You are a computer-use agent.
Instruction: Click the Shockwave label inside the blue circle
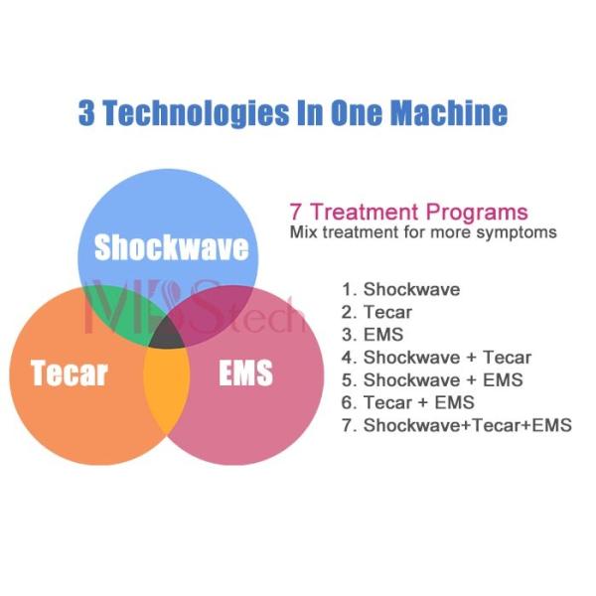click(171, 246)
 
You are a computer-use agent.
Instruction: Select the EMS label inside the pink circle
click(244, 374)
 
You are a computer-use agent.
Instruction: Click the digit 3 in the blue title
click(87, 112)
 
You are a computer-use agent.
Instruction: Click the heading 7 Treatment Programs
click(408, 212)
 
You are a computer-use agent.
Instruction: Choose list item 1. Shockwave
click(400, 290)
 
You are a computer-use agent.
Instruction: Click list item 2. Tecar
click(376, 312)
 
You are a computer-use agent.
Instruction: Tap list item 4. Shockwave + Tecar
click(436, 358)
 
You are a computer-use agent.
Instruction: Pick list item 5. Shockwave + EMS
click(432, 379)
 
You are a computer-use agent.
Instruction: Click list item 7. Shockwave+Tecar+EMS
click(456, 425)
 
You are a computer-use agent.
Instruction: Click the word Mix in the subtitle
click(302, 232)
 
